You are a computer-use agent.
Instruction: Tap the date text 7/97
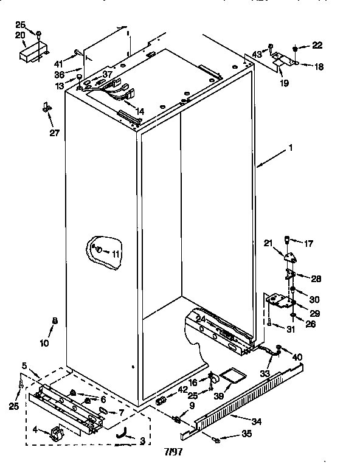point(173,452)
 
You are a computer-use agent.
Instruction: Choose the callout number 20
point(20,35)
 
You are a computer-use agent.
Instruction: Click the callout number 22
point(317,46)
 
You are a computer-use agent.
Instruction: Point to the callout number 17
point(308,244)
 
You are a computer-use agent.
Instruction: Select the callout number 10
point(44,343)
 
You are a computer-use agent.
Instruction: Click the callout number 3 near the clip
point(142,440)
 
